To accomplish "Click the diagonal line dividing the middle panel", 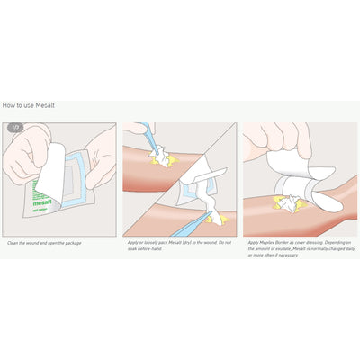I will [180, 179].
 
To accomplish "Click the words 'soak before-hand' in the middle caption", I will [142, 248].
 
